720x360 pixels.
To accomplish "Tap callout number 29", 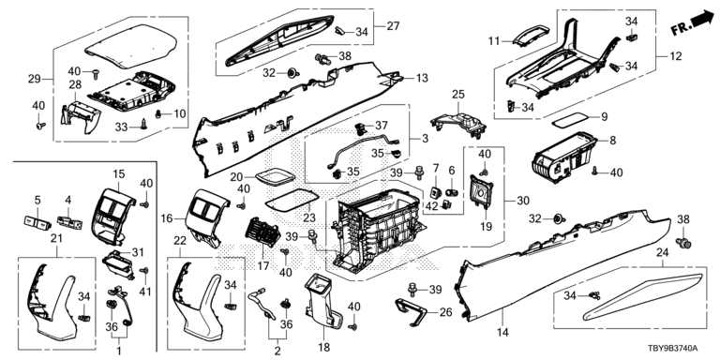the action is (x=35, y=79).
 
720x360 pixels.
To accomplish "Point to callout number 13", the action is (x=422, y=78).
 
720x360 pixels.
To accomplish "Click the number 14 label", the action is (x=502, y=332).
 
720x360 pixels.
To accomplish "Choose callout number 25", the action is (x=457, y=94).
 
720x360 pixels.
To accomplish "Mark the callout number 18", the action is (x=323, y=348).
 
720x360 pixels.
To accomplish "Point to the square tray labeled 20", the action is (x=275, y=177).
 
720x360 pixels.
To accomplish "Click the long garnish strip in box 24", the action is (x=643, y=297).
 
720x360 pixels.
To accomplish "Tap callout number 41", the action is (x=146, y=292).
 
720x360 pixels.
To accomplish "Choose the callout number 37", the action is (x=382, y=125).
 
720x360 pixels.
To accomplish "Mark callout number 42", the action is (x=431, y=206).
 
